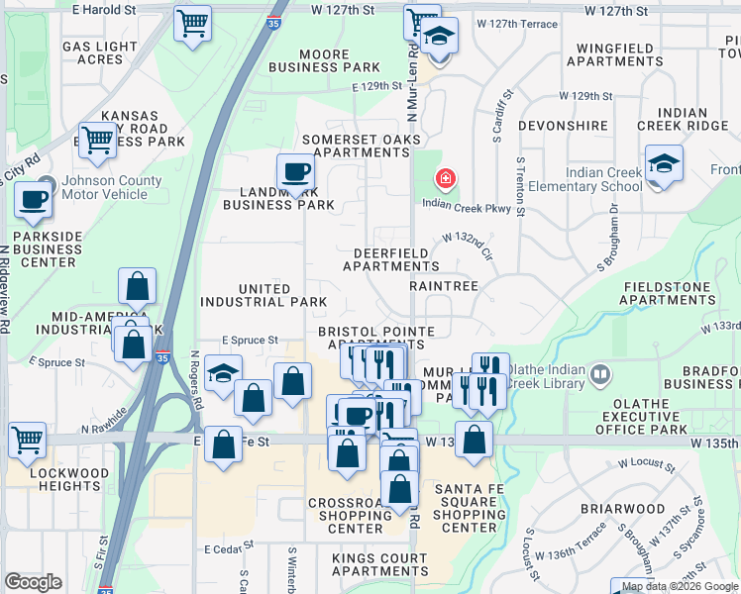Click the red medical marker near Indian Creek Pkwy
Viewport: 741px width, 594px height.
coord(446,179)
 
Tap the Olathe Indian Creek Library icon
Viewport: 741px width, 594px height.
coord(598,375)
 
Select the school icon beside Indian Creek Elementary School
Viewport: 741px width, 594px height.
coord(664,164)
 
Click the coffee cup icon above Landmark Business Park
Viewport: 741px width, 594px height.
coord(294,171)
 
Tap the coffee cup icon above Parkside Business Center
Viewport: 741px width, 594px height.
coord(32,199)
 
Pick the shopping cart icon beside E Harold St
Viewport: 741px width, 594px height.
coord(192,22)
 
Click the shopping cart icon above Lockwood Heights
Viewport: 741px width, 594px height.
coord(27,438)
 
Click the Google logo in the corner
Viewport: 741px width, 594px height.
coord(33,582)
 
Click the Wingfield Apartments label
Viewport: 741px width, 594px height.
coord(601,52)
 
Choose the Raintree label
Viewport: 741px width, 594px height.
coord(444,285)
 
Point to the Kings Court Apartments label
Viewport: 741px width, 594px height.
coord(380,564)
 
